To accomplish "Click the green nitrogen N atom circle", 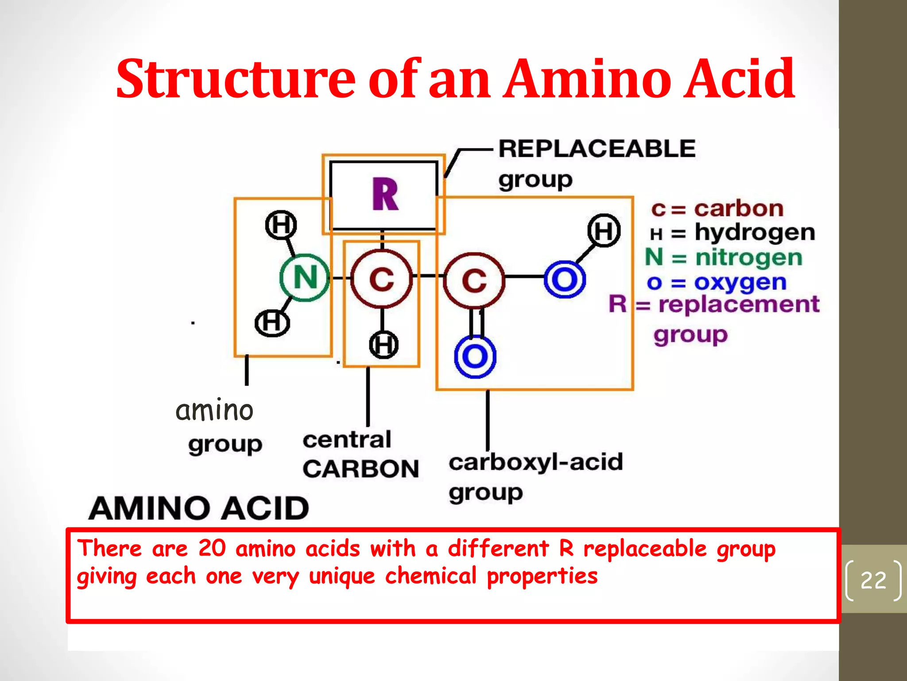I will pos(305,278).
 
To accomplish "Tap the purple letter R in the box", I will pos(385,194).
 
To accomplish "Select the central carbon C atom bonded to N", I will pos(381,279).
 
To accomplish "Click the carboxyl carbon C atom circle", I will pos(474,280).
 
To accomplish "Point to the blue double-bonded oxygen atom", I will pos(475,356).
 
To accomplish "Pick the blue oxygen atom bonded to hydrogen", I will pos(565,279).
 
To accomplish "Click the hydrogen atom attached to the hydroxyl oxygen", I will pos(604,231).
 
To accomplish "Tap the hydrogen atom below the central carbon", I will pos(384,344).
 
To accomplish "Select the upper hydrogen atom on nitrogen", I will pos(281,225).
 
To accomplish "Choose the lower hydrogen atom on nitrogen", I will pos(272,322).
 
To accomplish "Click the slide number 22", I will pos(873,580).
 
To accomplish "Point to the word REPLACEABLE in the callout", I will pos(597,149).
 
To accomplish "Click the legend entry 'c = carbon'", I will pos(717,208).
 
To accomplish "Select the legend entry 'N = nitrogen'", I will pos(724,258).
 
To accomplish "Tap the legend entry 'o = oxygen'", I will pos(717,282).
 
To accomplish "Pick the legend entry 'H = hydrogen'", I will pos(733,232).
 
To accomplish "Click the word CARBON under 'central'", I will pos(360,469).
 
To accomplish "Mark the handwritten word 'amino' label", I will pos(214,410).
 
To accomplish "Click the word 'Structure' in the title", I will pos(235,78).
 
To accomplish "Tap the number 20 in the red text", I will pos(212,548).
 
